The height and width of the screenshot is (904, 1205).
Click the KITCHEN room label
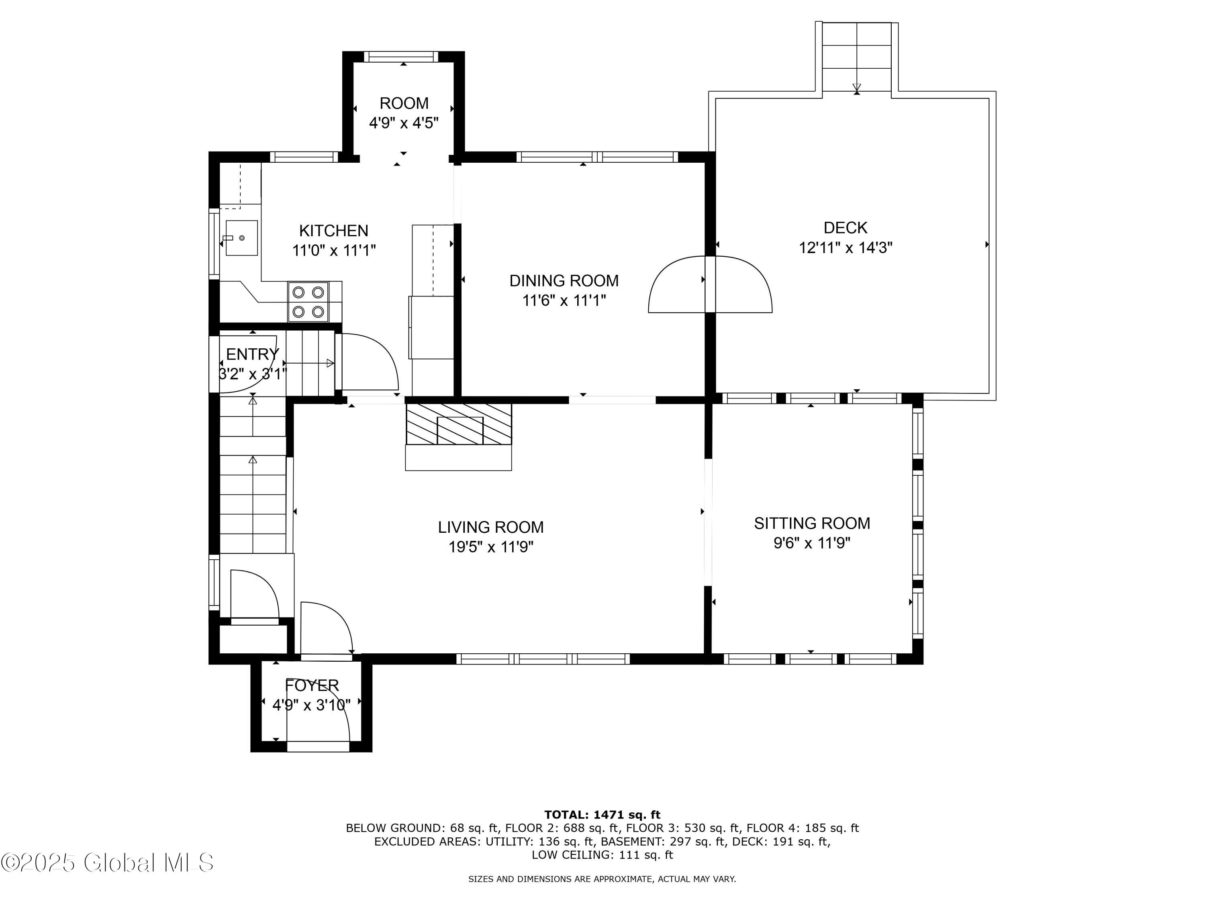coord(333,231)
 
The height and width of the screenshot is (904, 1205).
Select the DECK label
coord(845,228)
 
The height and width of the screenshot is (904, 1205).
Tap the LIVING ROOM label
coord(490,527)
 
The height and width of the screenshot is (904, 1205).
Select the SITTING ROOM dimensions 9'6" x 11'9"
coord(812,543)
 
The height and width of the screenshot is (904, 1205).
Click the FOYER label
coord(312,685)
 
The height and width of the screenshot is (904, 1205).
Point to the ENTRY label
coord(252,354)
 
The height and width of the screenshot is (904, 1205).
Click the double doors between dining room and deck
coord(710,285)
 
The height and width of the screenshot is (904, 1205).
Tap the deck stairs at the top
coord(856,57)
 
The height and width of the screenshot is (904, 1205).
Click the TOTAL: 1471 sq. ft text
coord(602,815)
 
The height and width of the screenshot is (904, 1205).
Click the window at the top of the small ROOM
coord(400,57)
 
